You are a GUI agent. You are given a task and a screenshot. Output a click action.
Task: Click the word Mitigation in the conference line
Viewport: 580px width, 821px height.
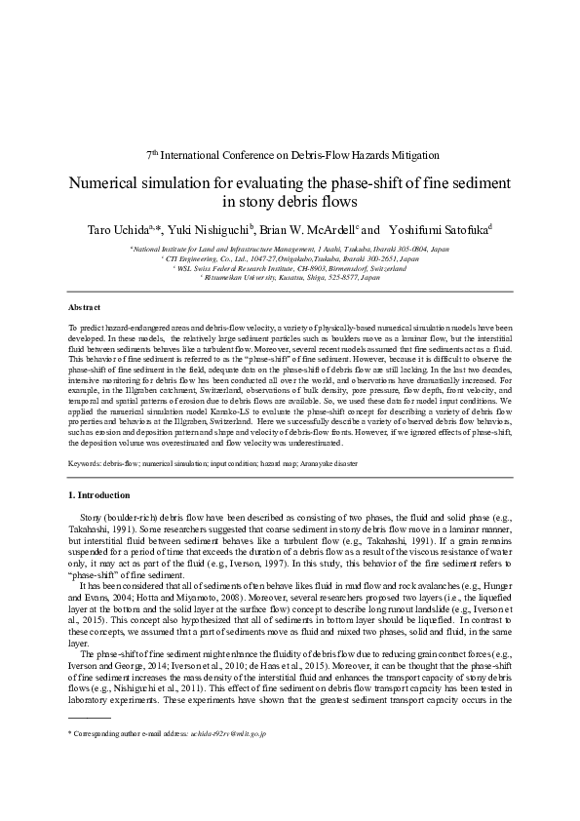point(412,154)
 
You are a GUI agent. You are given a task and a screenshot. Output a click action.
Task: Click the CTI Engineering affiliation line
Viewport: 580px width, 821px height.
point(290,259)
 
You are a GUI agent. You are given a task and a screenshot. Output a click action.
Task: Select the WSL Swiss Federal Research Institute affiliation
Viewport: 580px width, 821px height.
point(290,268)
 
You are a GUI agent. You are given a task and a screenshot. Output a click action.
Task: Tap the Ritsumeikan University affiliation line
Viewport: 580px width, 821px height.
point(290,278)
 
